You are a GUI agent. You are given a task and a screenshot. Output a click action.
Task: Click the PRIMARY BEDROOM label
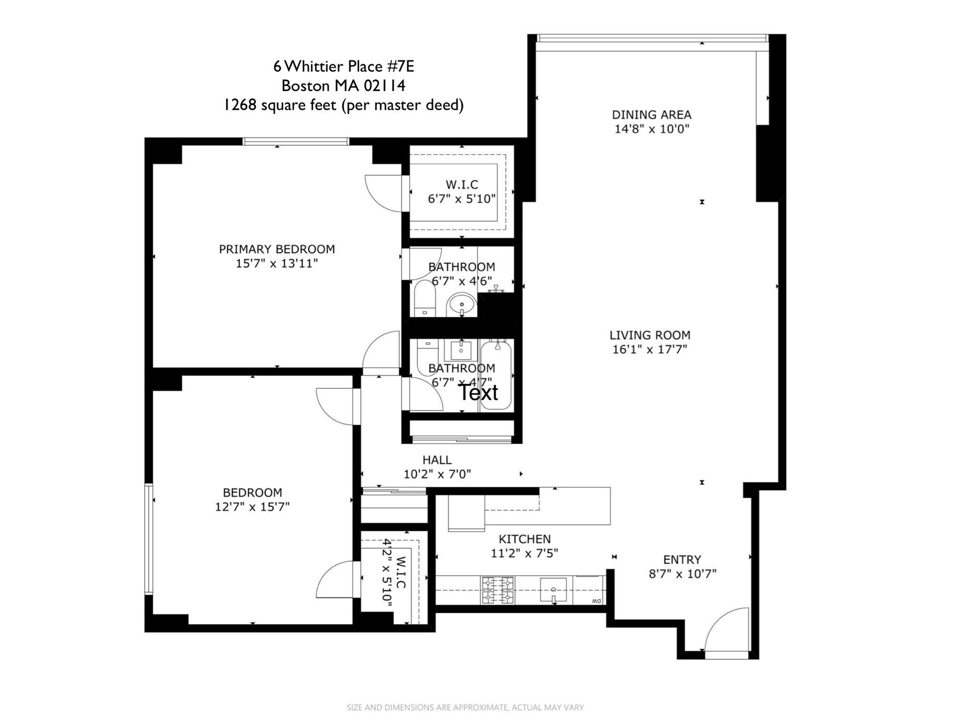(277, 249)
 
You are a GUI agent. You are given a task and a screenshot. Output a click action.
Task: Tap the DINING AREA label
(651, 115)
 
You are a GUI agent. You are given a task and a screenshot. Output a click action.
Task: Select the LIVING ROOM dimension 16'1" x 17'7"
(650, 349)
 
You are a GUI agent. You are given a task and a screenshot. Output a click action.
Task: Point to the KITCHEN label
(525, 539)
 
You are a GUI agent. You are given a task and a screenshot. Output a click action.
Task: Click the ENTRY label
(682, 559)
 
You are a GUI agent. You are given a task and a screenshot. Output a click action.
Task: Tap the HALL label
(437, 460)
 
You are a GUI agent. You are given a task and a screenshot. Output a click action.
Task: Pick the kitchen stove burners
(497, 590)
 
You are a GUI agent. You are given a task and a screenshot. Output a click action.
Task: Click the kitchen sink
(554, 591)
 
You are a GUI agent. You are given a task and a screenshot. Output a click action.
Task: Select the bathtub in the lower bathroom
(496, 374)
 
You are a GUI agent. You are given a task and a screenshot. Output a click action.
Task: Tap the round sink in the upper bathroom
(461, 305)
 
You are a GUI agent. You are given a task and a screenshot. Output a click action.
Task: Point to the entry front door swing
(726, 629)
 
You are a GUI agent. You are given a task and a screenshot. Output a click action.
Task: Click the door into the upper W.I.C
(384, 193)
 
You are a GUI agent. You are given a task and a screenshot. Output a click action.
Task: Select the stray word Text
(478, 392)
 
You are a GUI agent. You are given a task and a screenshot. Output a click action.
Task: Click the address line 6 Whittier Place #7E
(344, 66)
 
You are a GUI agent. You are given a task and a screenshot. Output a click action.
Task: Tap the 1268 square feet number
(240, 105)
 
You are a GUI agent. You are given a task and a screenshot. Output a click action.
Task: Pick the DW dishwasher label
(596, 601)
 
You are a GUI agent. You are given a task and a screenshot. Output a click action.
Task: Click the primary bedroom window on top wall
(296, 141)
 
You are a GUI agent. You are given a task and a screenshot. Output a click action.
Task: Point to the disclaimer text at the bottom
(465, 708)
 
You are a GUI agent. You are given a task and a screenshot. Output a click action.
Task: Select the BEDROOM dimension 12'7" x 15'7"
(252, 507)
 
